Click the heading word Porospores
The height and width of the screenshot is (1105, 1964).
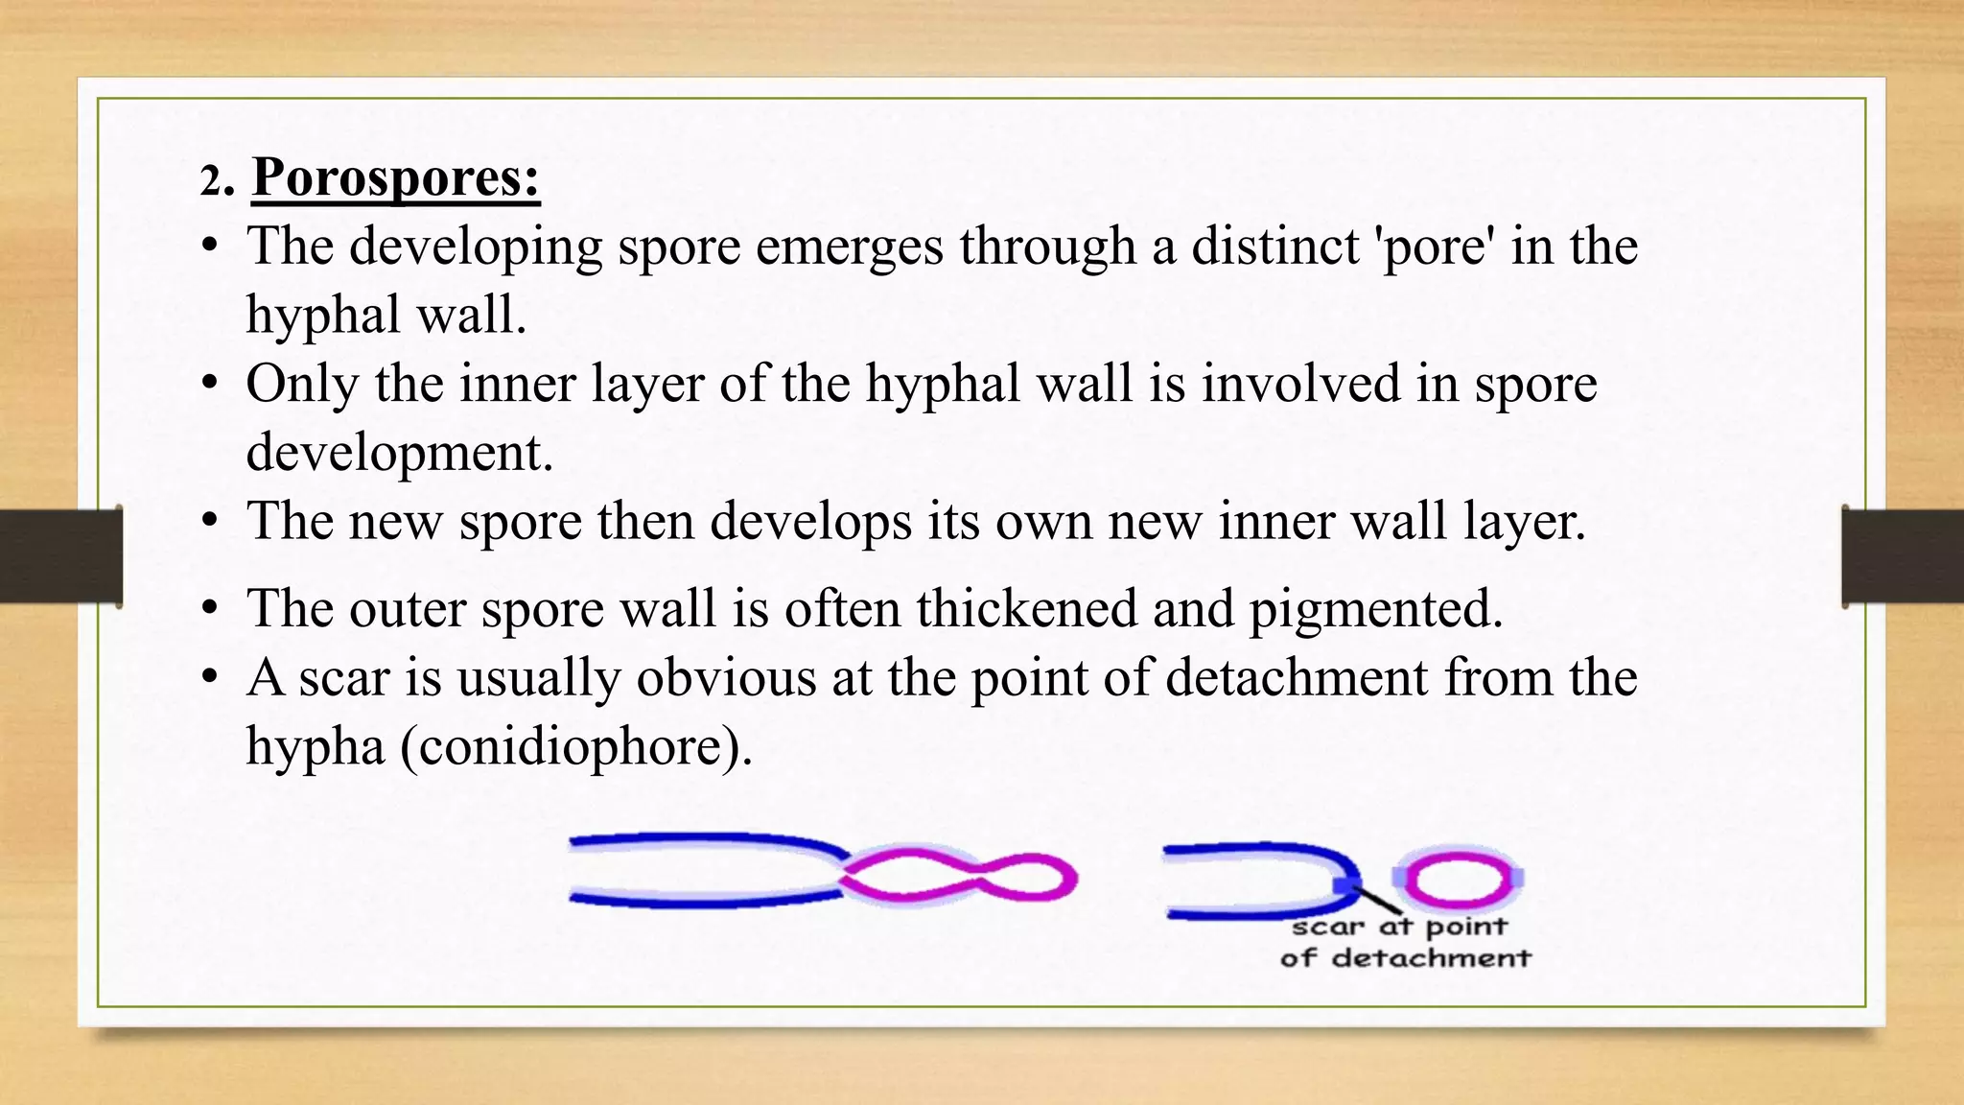[395, 178]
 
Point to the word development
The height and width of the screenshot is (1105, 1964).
[399, 453]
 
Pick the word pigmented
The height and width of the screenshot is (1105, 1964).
[1375, 610]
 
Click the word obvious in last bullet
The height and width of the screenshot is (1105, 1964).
[726, 677]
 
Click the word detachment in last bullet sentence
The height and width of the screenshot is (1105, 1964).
[1297, 677]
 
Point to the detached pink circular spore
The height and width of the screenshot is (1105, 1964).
[1457, 878]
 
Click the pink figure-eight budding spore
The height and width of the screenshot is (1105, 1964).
[959, 876]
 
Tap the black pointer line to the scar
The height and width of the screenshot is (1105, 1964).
[1377, 900]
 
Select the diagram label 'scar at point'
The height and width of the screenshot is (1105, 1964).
[1399, 928]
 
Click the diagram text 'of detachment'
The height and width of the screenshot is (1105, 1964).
[1405, 958]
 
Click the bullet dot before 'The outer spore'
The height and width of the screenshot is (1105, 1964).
[210, 610]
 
